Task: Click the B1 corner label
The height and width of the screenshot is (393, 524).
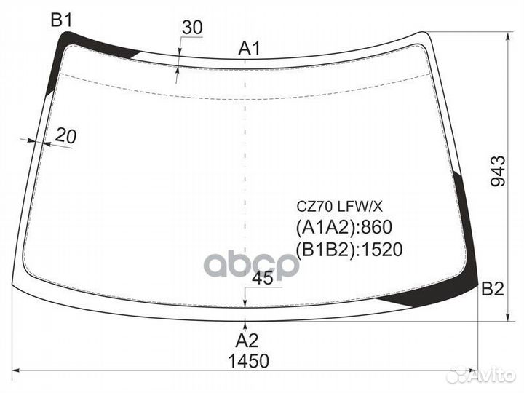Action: pos(61,20)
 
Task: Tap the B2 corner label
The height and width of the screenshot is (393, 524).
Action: pos(492,289)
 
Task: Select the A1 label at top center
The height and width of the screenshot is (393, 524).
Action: pos(249,49)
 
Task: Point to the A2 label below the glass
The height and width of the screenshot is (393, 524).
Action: pos(247,341)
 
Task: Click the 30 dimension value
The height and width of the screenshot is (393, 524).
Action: pos(192,28)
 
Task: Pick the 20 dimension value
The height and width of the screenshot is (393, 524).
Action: pos(65,135)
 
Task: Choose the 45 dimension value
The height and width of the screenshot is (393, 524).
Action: pos(263,278)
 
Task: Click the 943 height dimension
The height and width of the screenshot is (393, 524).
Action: pos(498,171)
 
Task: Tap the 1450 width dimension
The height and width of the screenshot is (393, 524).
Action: pos(248,361)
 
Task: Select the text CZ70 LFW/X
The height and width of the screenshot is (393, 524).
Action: pos(340,207)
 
